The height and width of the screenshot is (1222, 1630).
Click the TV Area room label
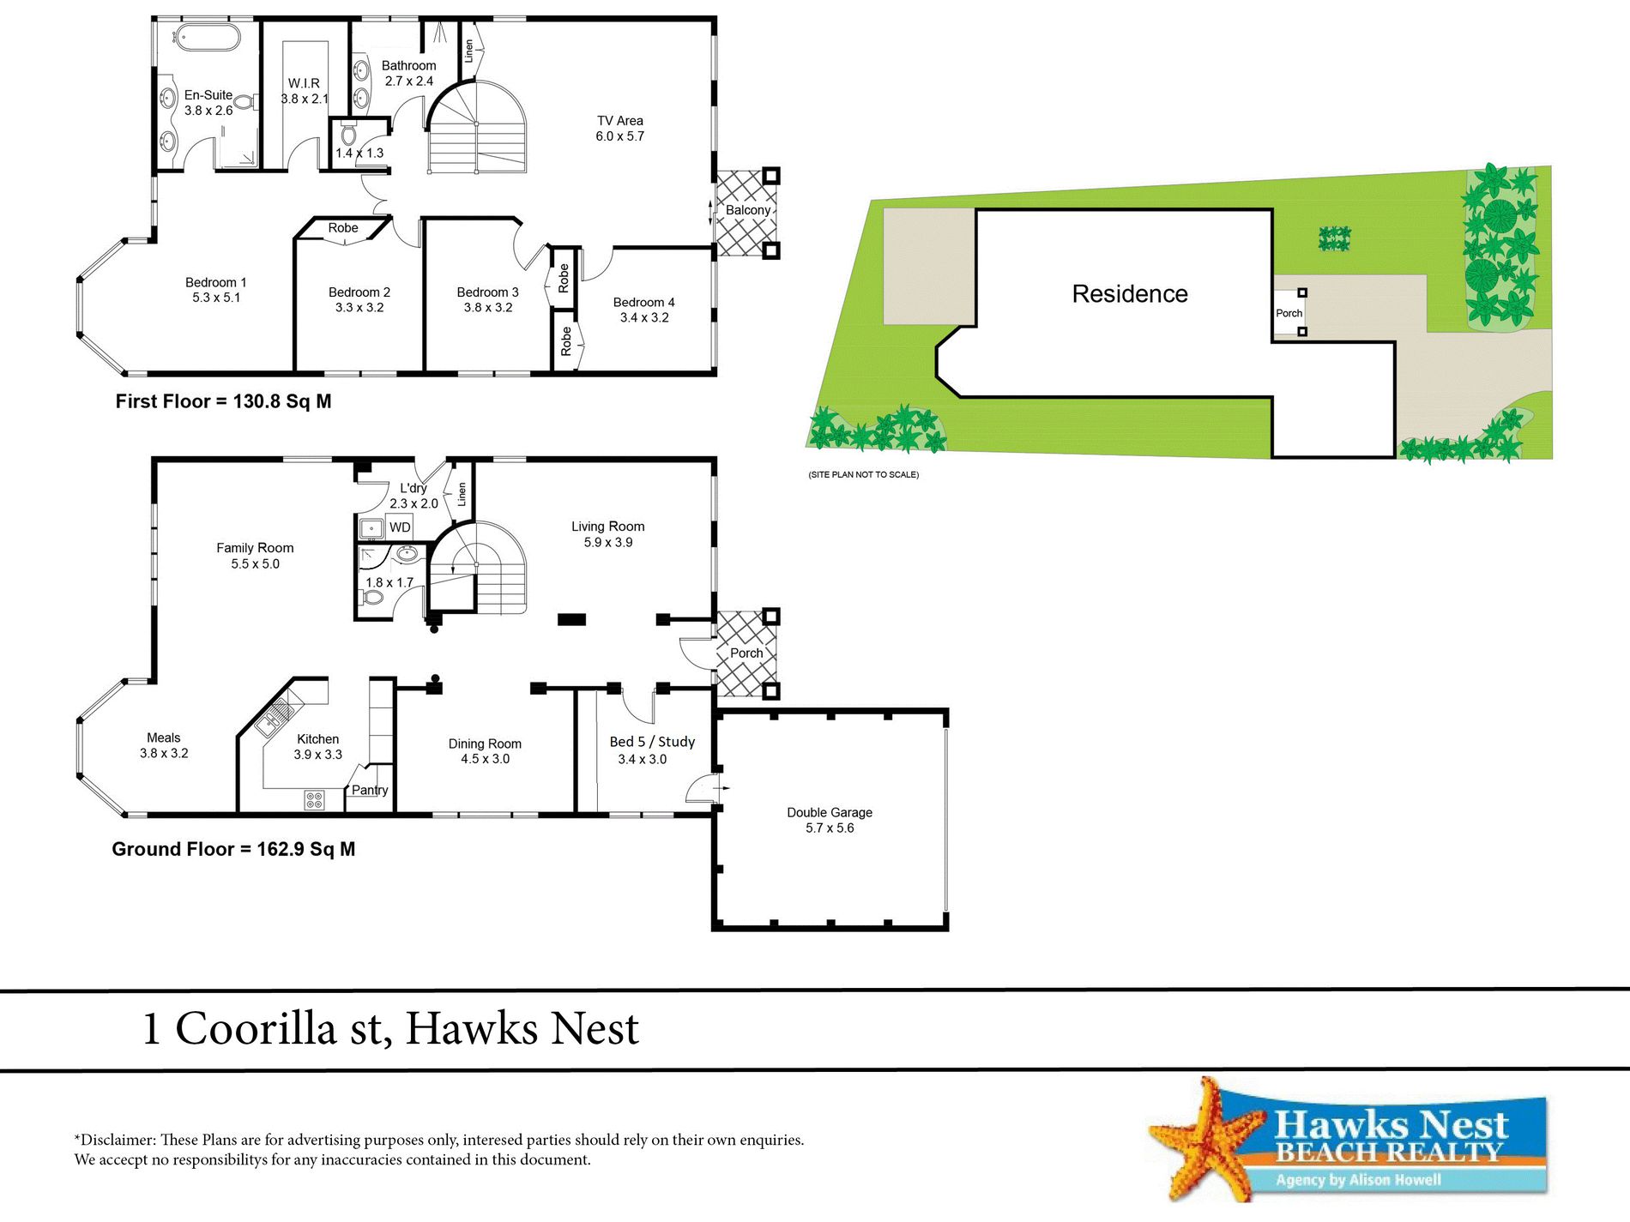tap(619, 121)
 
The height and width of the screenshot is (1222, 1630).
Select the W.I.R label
tap(304, 83)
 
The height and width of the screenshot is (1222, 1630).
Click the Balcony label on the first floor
tap(747, 210)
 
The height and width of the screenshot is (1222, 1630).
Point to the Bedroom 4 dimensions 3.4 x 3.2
tap(644, 317)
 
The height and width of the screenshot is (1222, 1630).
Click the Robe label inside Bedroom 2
tap(343, 228)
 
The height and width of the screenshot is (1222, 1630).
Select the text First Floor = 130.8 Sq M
tap(223, 401)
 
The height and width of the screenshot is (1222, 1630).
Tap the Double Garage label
tap(830, 812)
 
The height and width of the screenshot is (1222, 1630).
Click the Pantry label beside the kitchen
tap(370, 790)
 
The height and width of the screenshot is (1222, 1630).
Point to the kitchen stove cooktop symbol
tap(314, 800)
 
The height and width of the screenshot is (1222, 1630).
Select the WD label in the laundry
tap(400, 527)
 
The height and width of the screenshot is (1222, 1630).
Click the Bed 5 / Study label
tap(652, 742)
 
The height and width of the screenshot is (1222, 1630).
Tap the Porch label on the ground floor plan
tap(746, 653)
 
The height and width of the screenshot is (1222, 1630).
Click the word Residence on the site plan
tap(1130, 294)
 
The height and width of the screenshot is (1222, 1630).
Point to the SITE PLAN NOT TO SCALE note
tap(863, 474)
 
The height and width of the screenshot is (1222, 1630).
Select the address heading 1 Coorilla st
tap(390, 1028)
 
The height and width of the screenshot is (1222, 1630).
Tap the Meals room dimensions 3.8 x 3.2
tap(164, 753)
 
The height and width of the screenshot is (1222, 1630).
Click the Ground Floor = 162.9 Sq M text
tap(233, 849)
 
